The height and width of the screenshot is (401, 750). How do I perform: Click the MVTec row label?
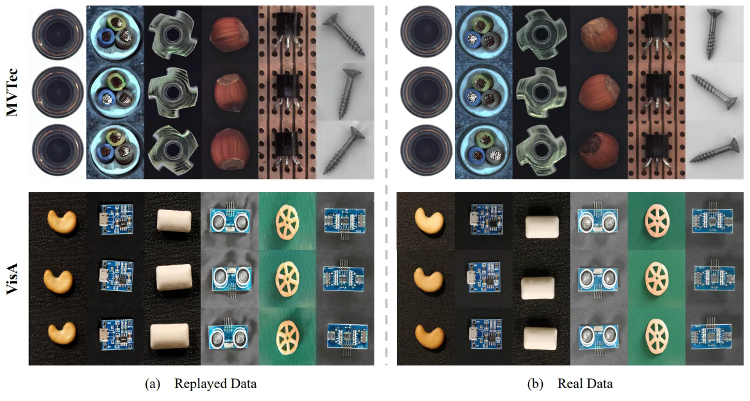[x=14, y=92]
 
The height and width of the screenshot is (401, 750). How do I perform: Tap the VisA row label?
[x=14, y=279]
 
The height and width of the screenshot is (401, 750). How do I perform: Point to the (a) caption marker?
[x=151, y=384]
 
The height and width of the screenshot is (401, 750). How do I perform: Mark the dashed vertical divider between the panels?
[x=386, y=184]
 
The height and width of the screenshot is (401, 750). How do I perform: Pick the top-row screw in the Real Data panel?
[x=716, y=34]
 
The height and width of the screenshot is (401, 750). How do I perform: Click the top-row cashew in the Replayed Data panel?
[x=61, y=220]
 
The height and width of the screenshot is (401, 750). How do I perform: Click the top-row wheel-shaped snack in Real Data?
[x=656, y=220]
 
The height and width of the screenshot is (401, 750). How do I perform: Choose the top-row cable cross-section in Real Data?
[x=484, y=34]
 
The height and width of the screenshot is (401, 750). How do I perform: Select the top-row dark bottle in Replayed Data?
[x=57, y=34]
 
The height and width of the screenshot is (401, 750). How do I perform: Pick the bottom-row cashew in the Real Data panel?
[x=429, y=336]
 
